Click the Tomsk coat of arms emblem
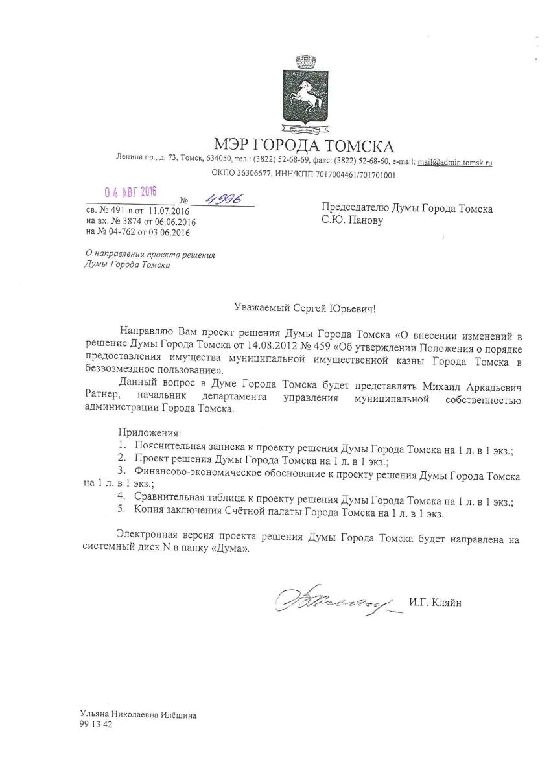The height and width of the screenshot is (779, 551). (x=303, y=97)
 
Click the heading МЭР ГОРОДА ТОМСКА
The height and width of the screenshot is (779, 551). (x=304, y=145)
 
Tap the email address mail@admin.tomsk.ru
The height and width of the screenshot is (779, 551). (x=454, y=163)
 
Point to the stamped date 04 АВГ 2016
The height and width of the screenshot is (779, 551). (x=131, y=192)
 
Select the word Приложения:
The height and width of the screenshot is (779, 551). (x=150, y=432)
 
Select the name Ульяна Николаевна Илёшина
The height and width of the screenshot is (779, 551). (x=137, y=715)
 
